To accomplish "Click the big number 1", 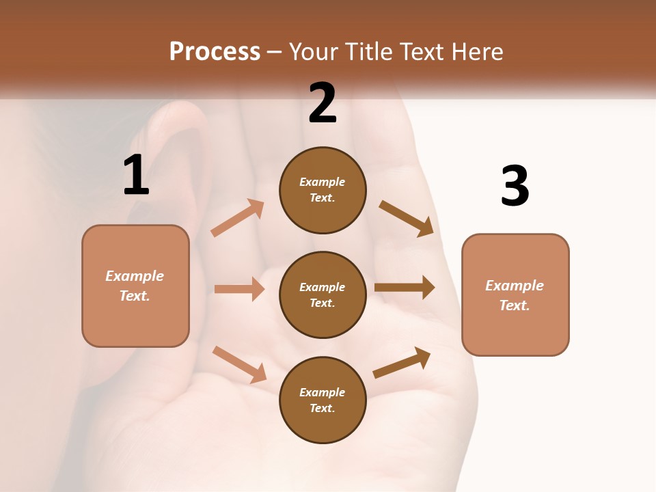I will click(136, 175).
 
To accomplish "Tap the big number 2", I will click(323, 103).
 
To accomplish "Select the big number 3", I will click(515, 187).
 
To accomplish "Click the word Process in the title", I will click(215, 51).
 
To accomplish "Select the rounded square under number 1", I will click(135, 286).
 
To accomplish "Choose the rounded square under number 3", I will click(515, 295).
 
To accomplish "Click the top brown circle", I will click(323, 190).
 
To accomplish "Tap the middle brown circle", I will click(323, 295).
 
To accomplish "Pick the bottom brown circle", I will click(323, 400).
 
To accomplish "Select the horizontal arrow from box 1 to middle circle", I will click(239, 289).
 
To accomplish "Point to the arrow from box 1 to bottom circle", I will click(239, 364).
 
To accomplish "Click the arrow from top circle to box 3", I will click(406, 218).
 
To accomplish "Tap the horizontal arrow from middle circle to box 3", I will click(404, 288).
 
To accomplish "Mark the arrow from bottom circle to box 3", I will click(402, 363).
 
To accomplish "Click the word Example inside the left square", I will click(135, 276).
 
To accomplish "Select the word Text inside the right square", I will click(514, 305).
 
